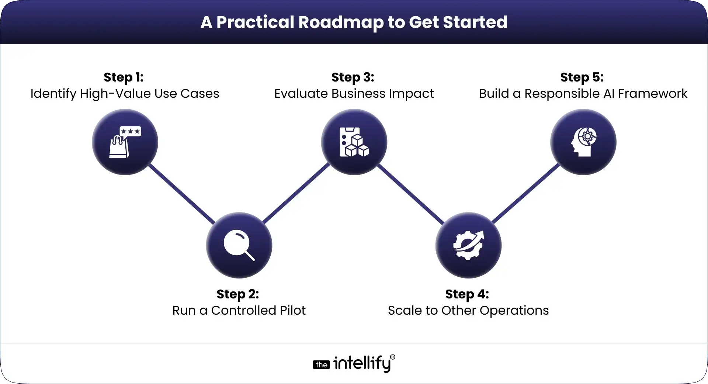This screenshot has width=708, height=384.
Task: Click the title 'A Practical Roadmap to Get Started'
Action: (x=354, y=22)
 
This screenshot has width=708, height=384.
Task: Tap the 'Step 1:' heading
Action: (x=124, y=77)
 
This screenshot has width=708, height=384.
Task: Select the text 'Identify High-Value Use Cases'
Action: (x=125, y=94)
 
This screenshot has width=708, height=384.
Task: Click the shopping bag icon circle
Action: (x=125, y=142)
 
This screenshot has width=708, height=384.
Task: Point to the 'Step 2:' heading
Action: (x=238, y=294)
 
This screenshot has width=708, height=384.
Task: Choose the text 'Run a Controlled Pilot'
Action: (x=239, y=311)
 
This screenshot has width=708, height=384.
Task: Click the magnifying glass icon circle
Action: (x=239, y=245)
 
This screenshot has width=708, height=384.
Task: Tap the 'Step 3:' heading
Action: (x=353, y=77)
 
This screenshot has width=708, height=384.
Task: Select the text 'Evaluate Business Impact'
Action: (x=354, y=94)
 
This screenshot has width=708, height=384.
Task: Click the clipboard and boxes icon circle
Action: (x=354, y=142)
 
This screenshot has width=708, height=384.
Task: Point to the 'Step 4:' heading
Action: (x=467, y=294)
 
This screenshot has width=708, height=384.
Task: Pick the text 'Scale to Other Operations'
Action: (x=468, y=311)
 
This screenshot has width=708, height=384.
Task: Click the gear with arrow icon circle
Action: (x=468, y=245)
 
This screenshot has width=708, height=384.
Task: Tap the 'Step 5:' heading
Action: (x=582, y=77)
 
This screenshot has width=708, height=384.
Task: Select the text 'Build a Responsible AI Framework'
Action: (x=583, y=94)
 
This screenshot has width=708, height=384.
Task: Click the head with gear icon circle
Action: (x=583, y=142)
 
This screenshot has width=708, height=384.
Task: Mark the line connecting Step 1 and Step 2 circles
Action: (x=181, y=194)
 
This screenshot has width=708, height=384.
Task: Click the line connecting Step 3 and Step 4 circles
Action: (x=411, y=194)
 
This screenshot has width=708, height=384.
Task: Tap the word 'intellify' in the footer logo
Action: (x=362, y=364)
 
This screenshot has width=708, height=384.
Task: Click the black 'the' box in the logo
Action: (x=321, y=365)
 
